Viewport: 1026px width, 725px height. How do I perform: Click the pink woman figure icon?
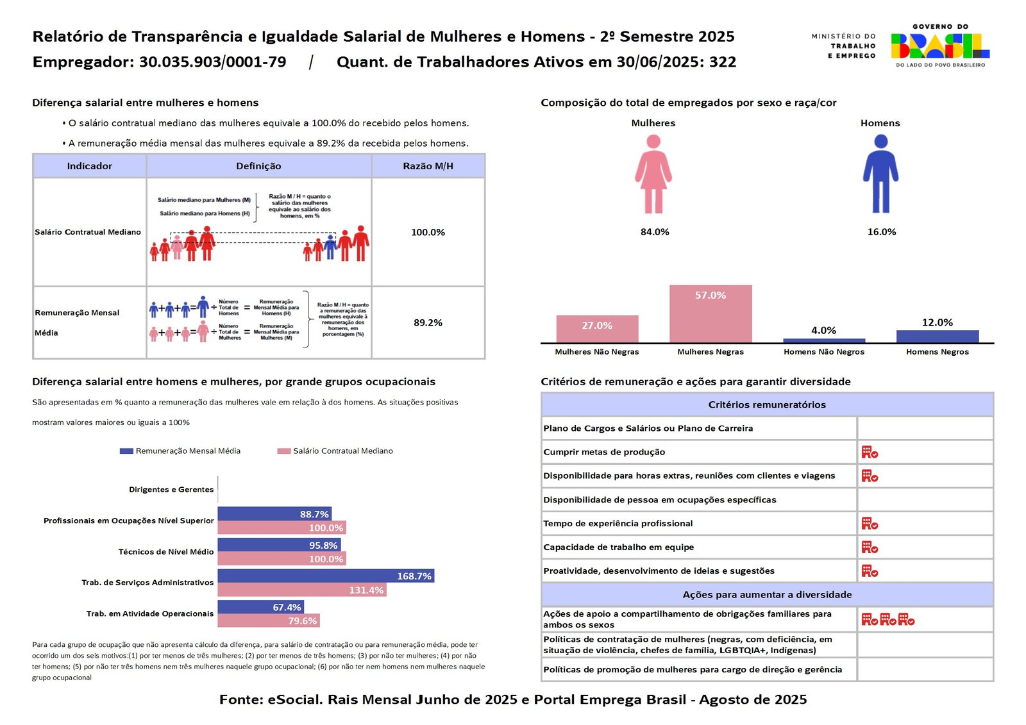pos(653,174)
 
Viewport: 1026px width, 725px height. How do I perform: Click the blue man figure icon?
pos(880,174)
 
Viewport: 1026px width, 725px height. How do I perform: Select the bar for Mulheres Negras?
pos(711,313)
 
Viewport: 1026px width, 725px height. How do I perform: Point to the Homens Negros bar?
pos(937,336)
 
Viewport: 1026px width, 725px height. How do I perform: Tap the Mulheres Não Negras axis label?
pos(596,352)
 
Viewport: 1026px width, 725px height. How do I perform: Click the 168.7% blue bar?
pos(326,576)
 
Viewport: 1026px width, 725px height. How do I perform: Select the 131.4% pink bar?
pos(301,590)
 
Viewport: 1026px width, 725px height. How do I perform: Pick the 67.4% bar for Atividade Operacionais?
pos(260,606)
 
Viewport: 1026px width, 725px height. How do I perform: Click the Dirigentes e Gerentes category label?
pos(171,490)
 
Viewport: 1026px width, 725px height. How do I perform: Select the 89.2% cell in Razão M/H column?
pos(428,322)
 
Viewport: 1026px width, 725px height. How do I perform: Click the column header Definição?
pos(258,166)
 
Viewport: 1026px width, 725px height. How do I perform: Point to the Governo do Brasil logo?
pos(940,46)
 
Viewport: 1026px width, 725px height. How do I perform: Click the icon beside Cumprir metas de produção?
pos(870,453)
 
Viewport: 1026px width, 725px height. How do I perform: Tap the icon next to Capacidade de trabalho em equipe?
pos(870,547)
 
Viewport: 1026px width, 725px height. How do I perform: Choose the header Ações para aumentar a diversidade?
pos(767,595)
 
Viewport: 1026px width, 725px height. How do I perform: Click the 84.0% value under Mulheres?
pos(655,232)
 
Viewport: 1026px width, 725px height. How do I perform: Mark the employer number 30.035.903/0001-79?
pos(213,62)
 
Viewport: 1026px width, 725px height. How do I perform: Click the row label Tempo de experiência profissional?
pos(618,524)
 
